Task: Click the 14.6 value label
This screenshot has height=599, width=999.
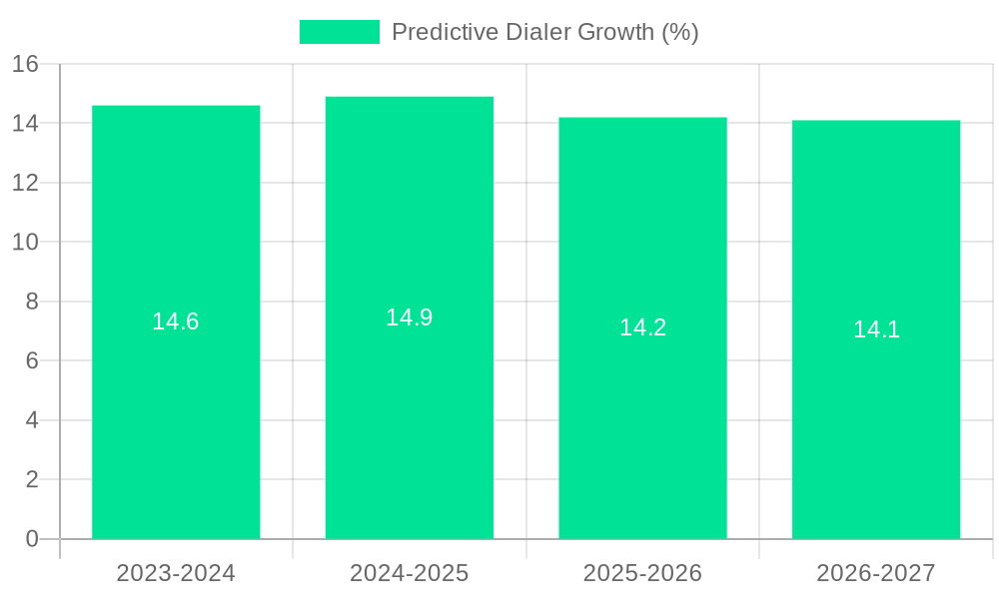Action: (x=176, y=321)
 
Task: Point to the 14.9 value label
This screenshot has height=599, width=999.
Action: (x=410, y=317)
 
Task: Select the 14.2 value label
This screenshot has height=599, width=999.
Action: (x=642, y=327)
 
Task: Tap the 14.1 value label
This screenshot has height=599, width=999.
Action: (x=876, y=329)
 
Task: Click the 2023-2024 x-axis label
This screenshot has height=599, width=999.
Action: (x=176, y=573)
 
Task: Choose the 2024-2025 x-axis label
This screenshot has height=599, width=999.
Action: (x=410, y=573)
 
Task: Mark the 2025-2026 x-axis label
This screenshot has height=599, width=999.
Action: (x=642, y=573)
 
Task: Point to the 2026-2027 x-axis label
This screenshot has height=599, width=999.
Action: (x=876, y=573)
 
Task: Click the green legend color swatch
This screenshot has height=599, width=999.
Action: (x=340, y=32)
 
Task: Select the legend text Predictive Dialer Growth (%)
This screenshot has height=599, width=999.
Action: (x=544, y=32)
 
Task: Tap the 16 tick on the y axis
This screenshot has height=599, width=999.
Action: (x=25, y=64)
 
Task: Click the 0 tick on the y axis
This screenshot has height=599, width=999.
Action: (x=31, y=539)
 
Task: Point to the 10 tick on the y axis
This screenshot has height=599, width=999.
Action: (x=25, y=243)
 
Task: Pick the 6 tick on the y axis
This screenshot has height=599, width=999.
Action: (x=31, y=360)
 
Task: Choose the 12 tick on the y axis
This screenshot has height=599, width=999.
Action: (x=25, y=183)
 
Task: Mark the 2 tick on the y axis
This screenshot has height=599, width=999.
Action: (x=31, y=479)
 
